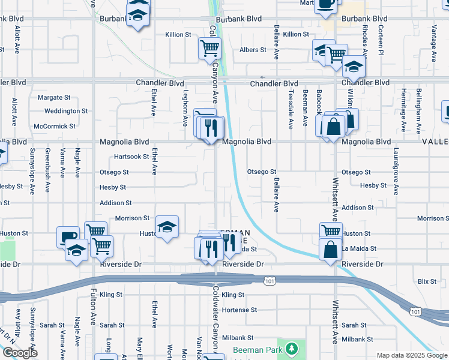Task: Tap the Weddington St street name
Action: [66, 111]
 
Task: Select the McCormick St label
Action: [55, 127]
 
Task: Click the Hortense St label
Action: [239, 310]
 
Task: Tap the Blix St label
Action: [427, 281]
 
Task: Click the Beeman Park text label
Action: [258, 349]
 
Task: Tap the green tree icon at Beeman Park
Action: [291, 348]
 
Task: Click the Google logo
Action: [20, 353]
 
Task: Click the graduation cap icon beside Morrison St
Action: [167, 227]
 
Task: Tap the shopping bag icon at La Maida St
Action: [331, 250]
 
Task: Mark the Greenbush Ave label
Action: [47, 163]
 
